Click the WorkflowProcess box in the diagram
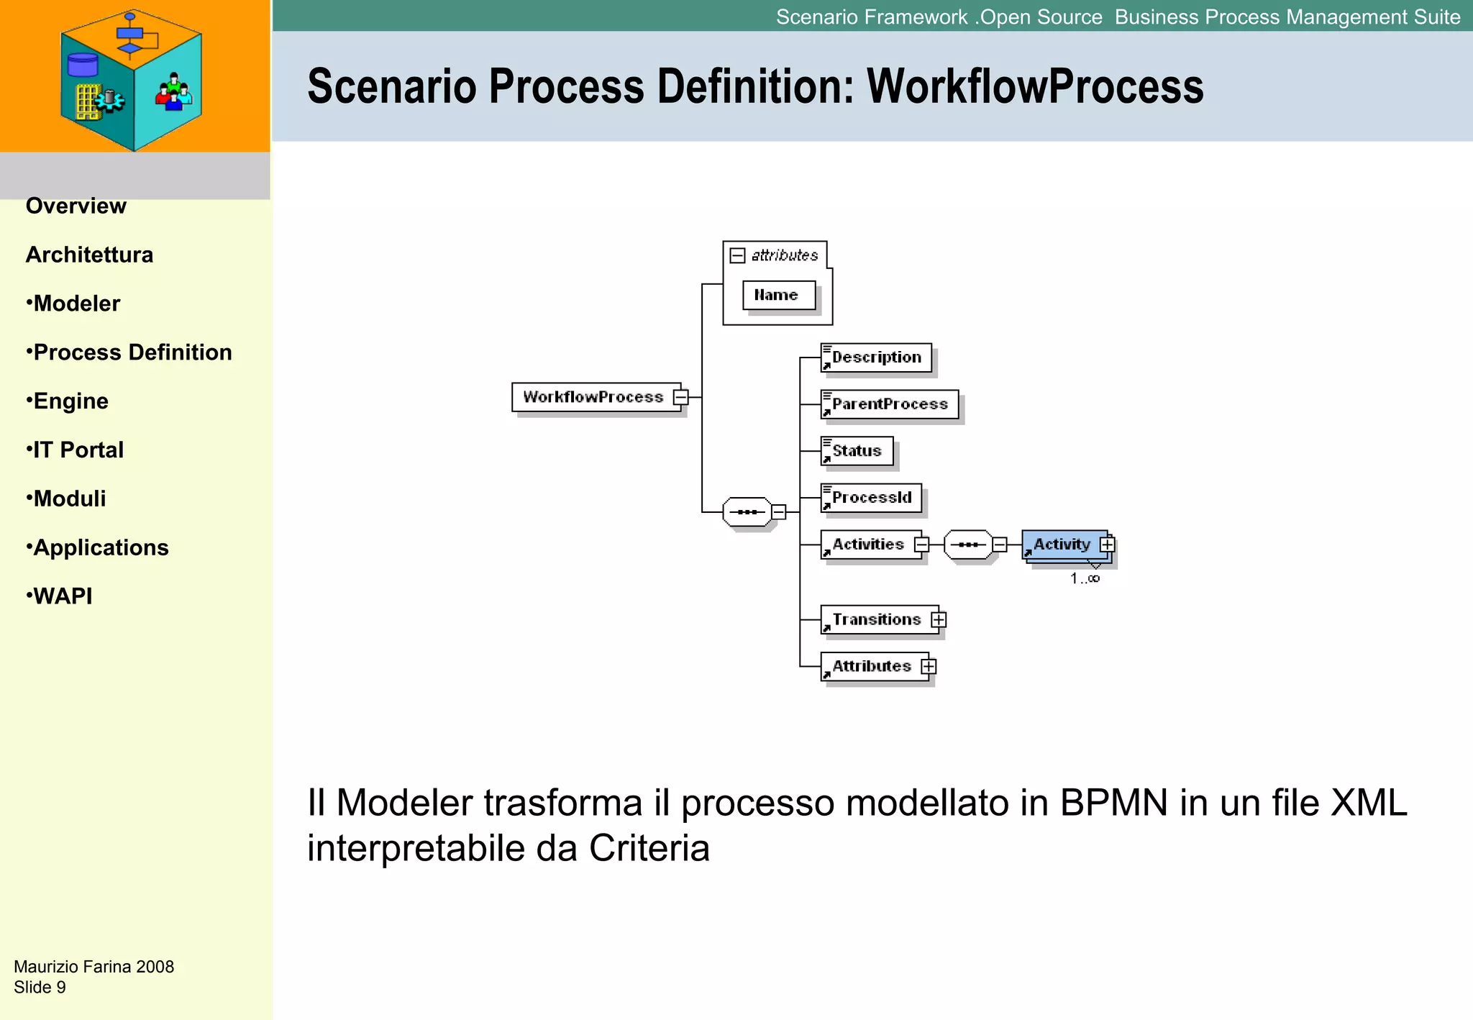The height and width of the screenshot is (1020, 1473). click(593, 397)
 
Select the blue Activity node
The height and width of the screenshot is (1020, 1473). click(1062, 545)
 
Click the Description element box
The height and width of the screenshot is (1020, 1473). click(876, 358)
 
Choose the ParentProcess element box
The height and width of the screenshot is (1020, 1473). click(889, 404)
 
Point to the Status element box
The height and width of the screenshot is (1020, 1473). click(857, 451)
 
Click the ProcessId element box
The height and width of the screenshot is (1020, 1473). click(871, 498)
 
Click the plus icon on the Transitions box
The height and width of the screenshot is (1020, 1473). click(939, 619)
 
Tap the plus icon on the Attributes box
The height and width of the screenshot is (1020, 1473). click(929, 666)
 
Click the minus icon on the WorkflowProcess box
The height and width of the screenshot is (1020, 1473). click(680, 397)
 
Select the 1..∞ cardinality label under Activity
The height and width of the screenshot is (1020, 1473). click(1085, 578)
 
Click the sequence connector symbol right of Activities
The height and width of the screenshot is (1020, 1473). click(968, 545)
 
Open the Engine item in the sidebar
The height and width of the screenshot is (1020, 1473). click(70, 401)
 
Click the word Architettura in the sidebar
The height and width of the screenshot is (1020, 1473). click(89, 255)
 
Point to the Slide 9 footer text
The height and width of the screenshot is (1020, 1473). click(40, 987)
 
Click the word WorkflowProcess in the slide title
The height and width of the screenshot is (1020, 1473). click(1034, 86)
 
